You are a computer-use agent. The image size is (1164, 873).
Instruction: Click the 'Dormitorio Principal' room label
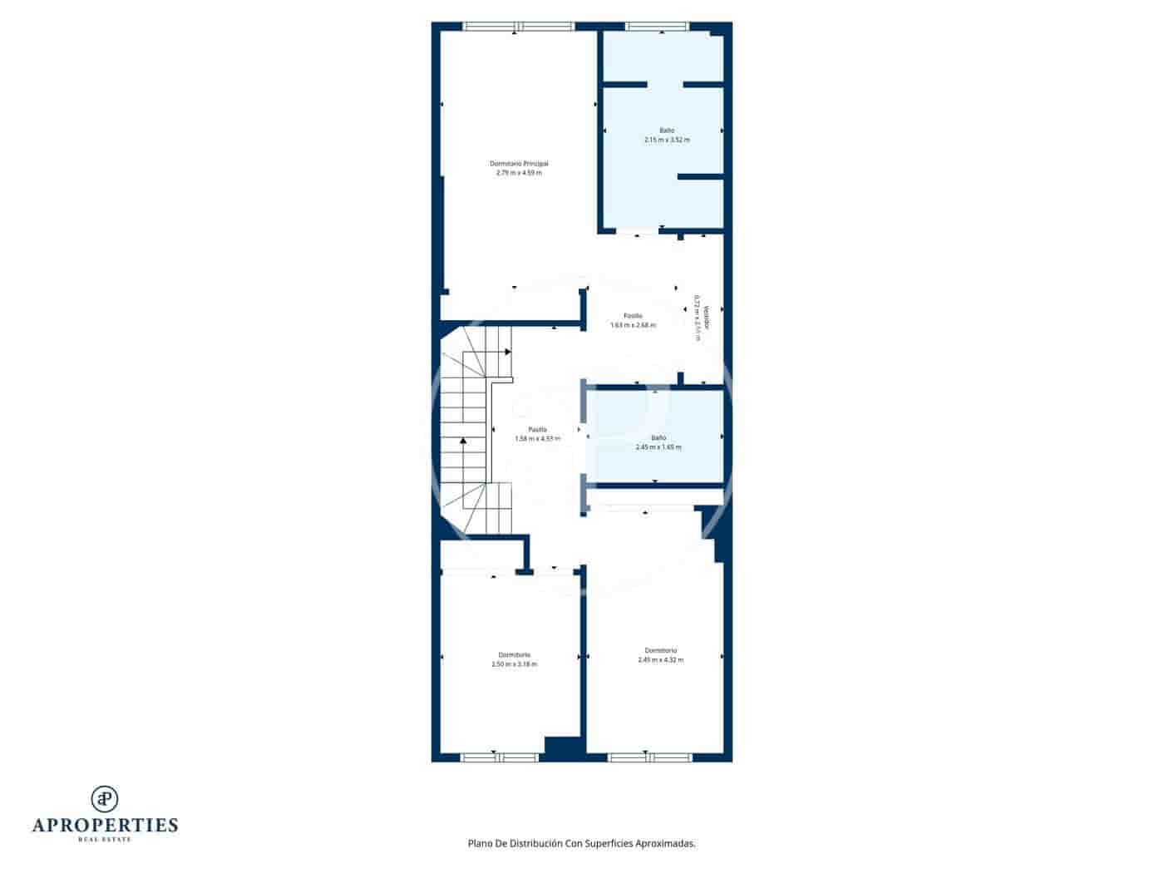click(519, 164)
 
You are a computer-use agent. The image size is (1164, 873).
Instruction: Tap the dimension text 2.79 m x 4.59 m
click(519, 173)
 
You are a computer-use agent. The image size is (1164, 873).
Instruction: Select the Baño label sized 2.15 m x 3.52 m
click(667, 131)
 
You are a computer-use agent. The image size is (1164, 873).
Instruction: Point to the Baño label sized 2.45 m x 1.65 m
click(658, 437)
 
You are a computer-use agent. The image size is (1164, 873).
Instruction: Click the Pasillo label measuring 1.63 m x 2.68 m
click(633, 316)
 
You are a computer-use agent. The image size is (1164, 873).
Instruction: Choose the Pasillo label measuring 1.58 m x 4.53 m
click(537, 430)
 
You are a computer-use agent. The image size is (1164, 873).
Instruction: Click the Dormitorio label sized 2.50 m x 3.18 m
click(515, 654)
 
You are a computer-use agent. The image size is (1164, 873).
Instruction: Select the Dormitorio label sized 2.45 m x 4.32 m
click(661, 650)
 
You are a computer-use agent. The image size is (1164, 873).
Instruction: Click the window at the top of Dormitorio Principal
click(519, 27)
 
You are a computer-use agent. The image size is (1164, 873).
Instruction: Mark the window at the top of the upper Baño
click(657, 27)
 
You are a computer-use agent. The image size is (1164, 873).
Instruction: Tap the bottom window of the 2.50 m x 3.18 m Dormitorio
click(500, 757)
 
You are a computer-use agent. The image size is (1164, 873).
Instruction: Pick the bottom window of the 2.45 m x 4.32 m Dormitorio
click(649, 757)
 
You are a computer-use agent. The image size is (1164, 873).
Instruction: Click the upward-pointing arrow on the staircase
click(464, 440)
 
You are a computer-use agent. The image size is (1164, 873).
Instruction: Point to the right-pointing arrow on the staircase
click(507, 352)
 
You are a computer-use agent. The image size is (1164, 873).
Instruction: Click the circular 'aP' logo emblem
click(105, 798)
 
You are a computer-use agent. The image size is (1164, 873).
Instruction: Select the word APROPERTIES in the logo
click(105, 826)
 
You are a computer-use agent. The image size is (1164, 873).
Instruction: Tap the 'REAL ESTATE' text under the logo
click(105, 840)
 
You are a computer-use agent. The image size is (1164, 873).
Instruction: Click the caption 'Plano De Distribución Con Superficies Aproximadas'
click(581, 843)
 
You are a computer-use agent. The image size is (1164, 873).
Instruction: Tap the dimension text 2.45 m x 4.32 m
click(661, 660)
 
